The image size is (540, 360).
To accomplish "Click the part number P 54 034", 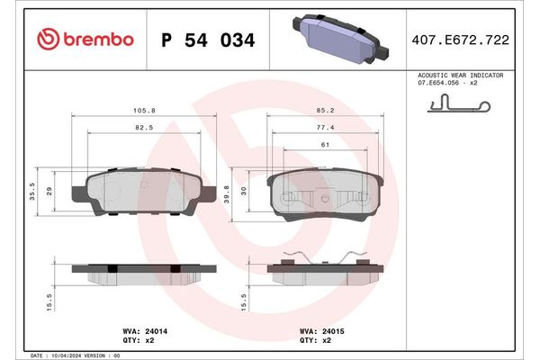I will [x=207, y=40].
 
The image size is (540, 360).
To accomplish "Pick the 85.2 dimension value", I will [x=326, y=112].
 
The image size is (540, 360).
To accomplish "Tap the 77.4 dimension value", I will [x=326, y=129].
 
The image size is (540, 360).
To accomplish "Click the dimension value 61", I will [x=326, y=145].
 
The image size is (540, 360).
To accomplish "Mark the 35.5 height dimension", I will [x=33, y=190].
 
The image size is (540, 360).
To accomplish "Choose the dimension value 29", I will [x=50, y=190].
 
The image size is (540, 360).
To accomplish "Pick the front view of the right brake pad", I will [x=326, y=193].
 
